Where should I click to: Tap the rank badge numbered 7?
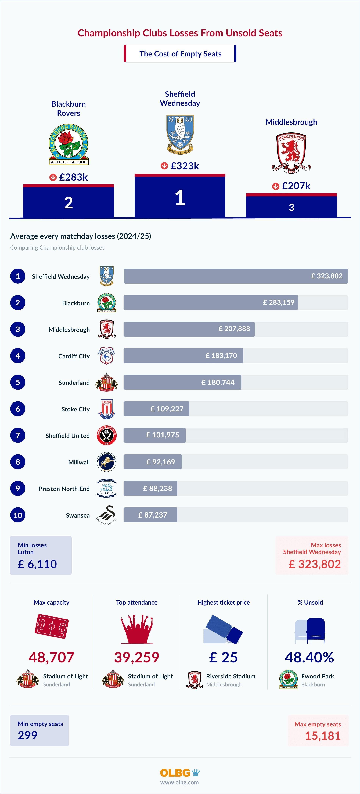point(18,435)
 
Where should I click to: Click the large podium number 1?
point(180,198)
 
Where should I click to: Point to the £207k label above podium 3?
point(296,186)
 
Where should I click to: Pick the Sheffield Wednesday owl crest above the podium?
point(180,135)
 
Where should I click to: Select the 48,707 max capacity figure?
point(52,657)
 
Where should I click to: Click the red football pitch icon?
point(52,626)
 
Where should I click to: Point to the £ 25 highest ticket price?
point(223,657)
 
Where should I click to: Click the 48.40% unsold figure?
point(309,657)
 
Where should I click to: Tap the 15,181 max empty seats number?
point(323,736)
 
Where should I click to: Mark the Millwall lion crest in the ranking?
point(107,462)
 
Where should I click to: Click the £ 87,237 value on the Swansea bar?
point(153,515)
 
